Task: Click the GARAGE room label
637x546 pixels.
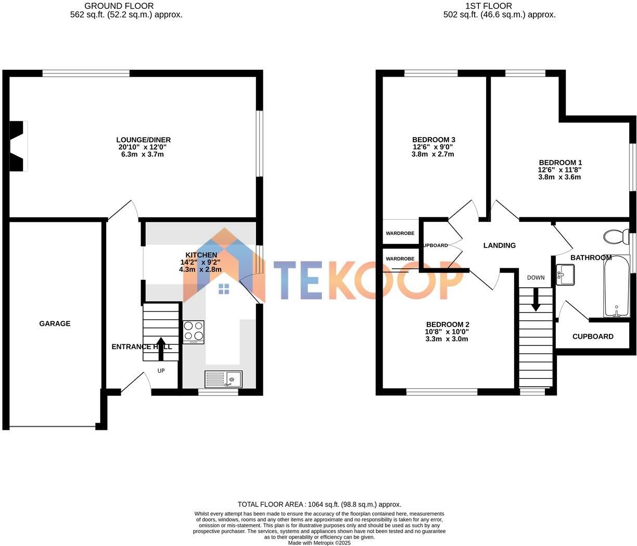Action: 55,324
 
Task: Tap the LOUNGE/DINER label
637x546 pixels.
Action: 143,140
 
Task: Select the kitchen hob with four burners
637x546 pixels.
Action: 194,331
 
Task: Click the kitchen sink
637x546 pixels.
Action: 223,379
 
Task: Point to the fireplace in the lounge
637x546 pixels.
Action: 19,146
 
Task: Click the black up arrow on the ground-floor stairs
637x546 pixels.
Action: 160,348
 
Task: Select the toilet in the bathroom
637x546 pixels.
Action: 616,237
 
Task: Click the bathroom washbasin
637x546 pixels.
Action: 565,275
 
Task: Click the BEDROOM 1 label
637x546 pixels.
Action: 560,163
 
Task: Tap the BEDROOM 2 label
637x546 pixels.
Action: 448,324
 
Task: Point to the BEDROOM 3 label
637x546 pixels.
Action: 434,140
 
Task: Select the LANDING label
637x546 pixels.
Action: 499,245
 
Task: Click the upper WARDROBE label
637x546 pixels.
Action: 400,233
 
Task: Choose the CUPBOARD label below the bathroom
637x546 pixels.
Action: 593,337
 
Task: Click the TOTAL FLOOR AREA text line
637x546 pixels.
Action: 319,504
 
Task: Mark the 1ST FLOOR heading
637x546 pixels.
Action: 496,6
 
